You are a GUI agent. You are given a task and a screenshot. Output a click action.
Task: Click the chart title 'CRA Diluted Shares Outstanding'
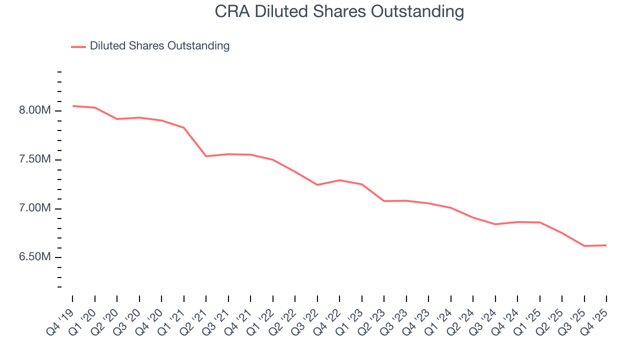point(339,11)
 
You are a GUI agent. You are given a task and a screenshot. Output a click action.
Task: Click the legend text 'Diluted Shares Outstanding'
point(159,46)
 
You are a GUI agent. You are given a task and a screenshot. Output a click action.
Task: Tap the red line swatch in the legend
point(78,46)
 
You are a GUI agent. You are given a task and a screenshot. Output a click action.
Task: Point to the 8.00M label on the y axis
point(35,110)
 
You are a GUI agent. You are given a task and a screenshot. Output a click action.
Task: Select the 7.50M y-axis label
point(35,159)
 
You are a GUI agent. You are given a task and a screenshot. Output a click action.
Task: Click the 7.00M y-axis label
point(35,208)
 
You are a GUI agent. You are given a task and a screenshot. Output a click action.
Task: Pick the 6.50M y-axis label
point(35,257)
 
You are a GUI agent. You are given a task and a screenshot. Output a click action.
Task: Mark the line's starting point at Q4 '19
point(72,106)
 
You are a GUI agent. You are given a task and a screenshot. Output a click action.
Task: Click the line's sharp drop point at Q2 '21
point(206,156)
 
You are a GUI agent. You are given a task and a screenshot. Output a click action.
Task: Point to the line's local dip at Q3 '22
point(317,185)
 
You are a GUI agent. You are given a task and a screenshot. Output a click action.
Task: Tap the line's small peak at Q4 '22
point(339,180)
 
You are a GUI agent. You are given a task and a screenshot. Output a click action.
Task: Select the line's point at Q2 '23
point(384,201)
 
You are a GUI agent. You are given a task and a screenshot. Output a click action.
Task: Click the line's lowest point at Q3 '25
point(584,246)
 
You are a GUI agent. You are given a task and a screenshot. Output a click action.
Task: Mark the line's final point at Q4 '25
point(606,245)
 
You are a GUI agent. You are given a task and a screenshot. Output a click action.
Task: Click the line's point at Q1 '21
point(184,127)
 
